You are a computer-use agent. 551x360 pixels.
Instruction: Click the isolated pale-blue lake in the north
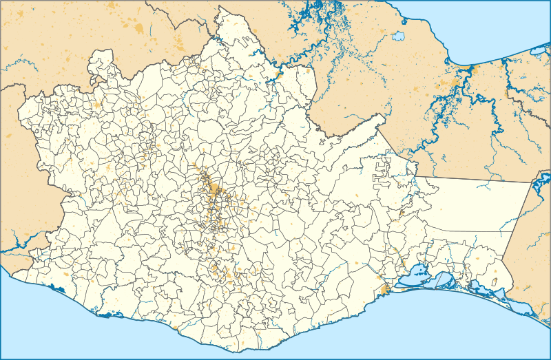398,36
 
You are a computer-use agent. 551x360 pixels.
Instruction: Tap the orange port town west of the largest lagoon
382,290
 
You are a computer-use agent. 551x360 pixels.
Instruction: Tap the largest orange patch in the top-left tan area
140,29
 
